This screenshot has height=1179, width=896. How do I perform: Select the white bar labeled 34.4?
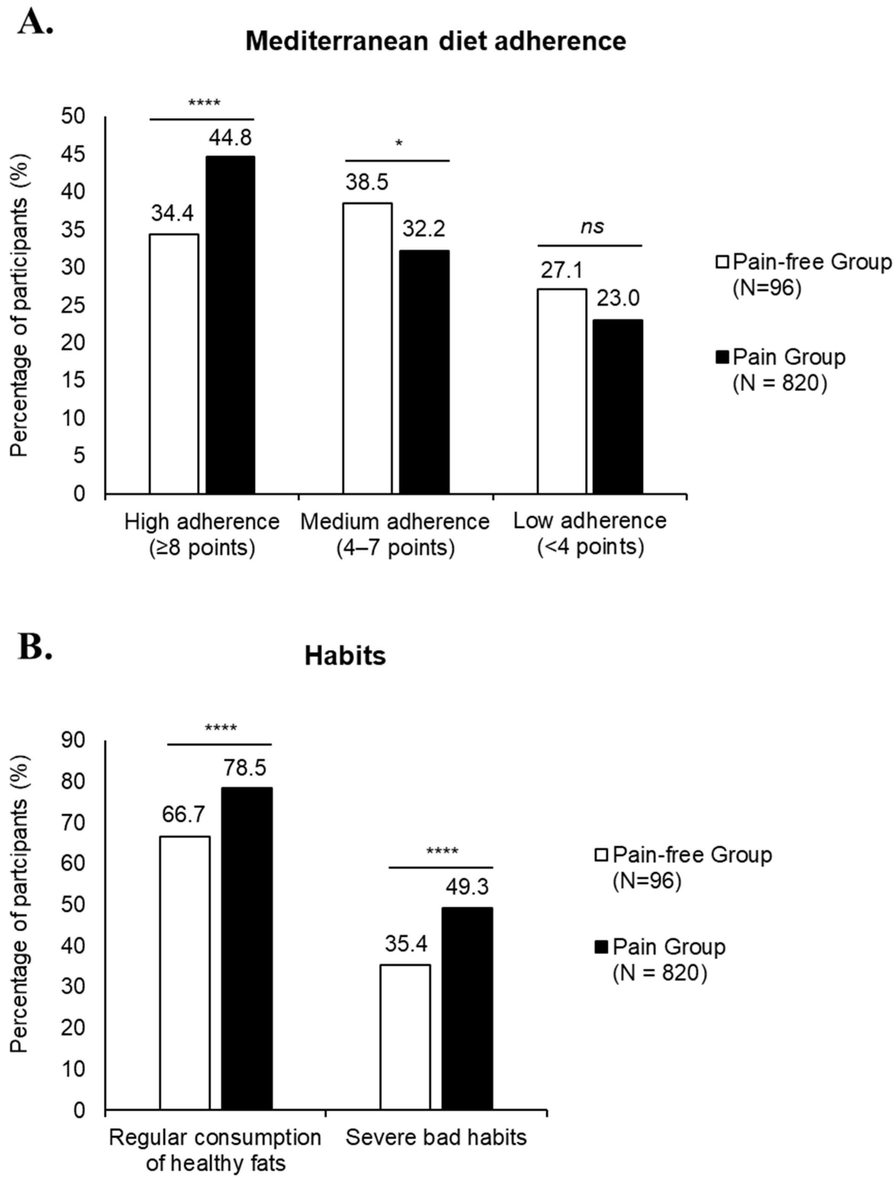click(x=174, y=363)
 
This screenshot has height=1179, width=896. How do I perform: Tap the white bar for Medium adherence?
click(x=367, y=348)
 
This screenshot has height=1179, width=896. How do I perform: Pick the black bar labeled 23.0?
click(x=618, y=406)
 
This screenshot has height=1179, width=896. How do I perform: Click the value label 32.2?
click(x=423, y=229)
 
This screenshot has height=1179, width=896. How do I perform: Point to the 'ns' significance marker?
click(x=592, y=227)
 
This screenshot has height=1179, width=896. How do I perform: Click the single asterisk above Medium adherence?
click(x=398, y=143)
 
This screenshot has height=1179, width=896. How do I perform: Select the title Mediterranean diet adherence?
click(x=436, y=42)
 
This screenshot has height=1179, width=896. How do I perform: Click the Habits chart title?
click(x=345, y=656)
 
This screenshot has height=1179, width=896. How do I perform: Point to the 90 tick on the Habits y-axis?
click(x=73, y=741)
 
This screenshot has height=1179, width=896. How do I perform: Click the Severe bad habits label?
click(x=436, y=1137)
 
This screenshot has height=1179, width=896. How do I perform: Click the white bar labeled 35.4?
click(x=406, y=1037)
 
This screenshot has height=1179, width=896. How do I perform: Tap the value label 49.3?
click(x=467, y=887)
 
